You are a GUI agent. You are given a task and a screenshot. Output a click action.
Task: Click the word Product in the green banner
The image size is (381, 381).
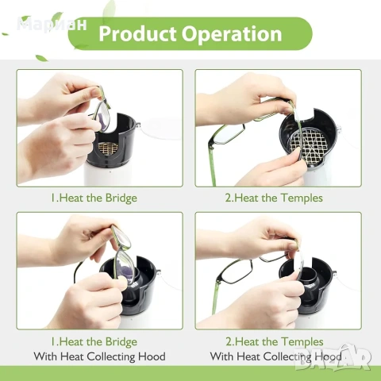pos(137,34)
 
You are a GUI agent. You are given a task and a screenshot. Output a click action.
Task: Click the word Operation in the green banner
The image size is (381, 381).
pos(232,34)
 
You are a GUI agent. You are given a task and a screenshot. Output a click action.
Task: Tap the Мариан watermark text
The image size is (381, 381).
pos(52,25)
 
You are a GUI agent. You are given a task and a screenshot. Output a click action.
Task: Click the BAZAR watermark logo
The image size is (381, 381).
pos(333,357)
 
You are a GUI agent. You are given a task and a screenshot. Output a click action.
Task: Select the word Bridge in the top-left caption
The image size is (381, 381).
pos(121,198)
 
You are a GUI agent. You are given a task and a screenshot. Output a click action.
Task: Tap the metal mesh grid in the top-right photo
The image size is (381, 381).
pos(309,145)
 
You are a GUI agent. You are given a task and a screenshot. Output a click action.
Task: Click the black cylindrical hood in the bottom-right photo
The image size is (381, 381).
pos(307,280)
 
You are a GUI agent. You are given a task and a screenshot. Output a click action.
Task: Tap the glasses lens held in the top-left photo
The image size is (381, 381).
pos(102,117)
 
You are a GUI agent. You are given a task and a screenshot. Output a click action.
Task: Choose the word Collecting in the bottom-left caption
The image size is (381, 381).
pos(111,357)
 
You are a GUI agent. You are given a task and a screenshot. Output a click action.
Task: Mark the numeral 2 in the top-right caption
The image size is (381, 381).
pos(228,198)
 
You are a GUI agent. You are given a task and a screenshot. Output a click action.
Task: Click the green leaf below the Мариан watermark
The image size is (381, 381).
pos(41,58)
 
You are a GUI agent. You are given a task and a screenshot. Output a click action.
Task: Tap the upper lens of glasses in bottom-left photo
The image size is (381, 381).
pos(121,237)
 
